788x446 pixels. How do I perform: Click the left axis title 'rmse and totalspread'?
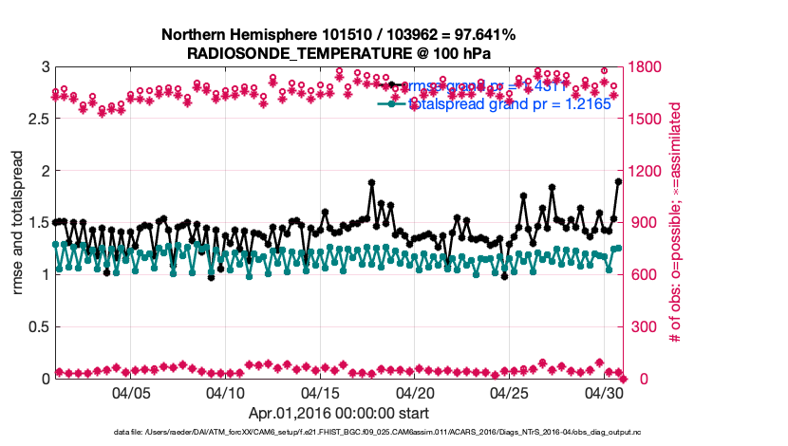(18, 223)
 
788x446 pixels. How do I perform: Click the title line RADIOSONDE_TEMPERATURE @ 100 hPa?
(339, 53)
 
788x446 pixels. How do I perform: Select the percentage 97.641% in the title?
(483, 35)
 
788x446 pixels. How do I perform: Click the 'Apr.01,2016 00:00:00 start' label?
(338, 413)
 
